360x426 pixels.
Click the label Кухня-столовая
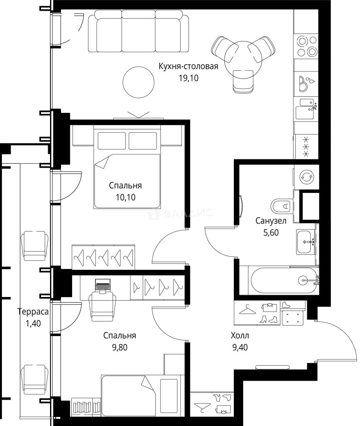(188, 66)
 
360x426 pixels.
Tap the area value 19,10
(188, 78)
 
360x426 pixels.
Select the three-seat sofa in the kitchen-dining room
(138, 31)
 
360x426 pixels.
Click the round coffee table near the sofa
(138, 82)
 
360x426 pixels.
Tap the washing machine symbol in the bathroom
(306, 177)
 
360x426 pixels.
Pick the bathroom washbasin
(306, 242)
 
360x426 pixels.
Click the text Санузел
(271, 220)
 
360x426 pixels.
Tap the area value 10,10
(125, 197)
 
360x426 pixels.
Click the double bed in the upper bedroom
(127, 167)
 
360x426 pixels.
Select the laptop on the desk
(103, 286)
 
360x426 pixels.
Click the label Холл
(240, 336)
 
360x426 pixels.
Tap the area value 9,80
(120, 347)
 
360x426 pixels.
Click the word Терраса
(33, 312)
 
